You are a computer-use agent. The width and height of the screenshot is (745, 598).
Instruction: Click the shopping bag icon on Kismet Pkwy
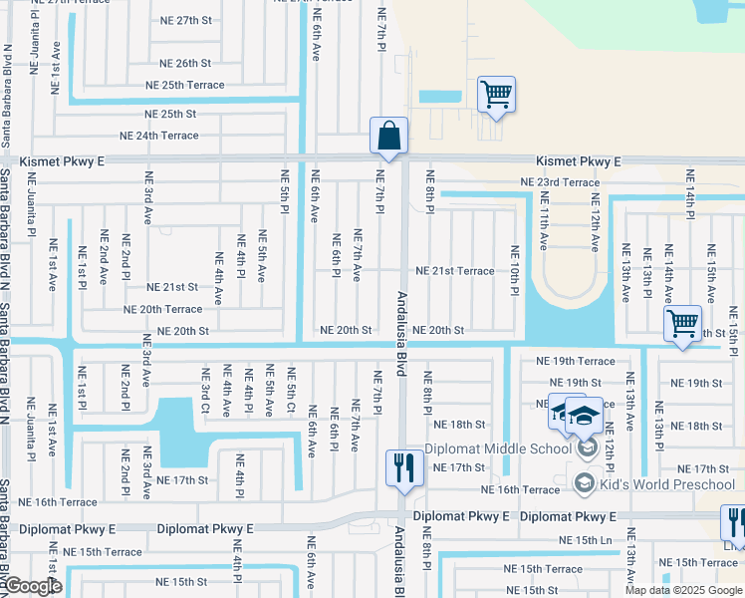click(x=388, y=136)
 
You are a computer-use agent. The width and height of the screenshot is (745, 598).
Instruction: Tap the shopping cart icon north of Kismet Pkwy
click(x=496, y=95)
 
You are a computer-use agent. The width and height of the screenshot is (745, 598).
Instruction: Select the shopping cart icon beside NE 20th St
click(x=682, y=323)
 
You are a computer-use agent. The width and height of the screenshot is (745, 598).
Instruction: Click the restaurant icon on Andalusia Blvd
click(x=403, y=467)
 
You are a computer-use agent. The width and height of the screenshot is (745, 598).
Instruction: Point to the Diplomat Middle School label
click(x=498, y=448)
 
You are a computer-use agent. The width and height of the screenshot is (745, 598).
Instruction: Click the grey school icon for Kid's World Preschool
click(x=585, y=484)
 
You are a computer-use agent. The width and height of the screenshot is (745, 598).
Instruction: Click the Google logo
click(x=32, y=587)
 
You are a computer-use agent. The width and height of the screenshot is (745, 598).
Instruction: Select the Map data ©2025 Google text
click(x=683, y=590)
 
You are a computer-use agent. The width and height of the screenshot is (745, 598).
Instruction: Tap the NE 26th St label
click(x=184, y=63)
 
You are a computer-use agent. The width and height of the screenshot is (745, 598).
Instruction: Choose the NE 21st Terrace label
click(x=454, y=271)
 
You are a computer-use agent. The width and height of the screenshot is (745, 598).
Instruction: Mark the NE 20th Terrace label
click(x=162, y=310)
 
